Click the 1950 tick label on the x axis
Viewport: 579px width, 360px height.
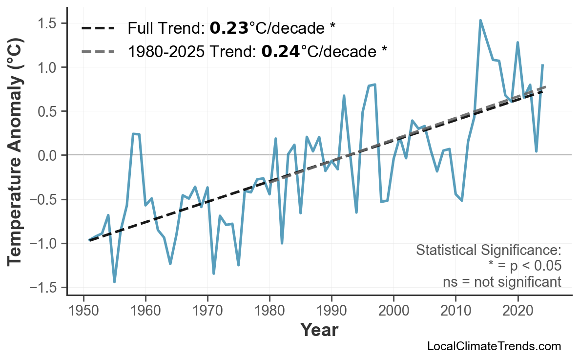point(83,311)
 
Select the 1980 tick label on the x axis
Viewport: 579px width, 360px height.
point(269,311)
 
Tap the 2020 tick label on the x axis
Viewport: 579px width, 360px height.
point(517,311)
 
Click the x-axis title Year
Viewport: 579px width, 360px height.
point(319,330)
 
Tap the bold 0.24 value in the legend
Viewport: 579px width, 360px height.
point(281,51)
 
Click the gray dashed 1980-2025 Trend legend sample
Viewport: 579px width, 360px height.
point(98,51)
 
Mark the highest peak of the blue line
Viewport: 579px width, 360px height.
point(480,20)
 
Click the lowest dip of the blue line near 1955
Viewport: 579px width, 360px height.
point(115,282)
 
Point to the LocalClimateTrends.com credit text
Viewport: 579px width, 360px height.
point(494,346)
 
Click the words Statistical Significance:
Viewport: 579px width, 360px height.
point(488,251)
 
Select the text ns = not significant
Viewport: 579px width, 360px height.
point(502,282)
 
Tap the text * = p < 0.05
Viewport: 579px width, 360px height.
point(524,266)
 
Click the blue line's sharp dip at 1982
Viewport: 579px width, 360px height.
point(282,243)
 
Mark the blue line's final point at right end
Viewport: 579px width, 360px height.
point(542,65)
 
